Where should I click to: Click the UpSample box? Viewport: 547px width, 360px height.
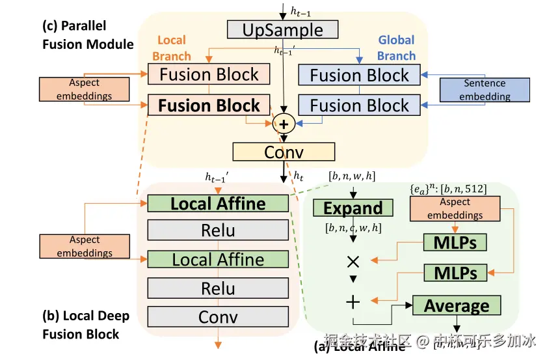point(283,30)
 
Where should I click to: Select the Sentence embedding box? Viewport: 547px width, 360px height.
point(485,90)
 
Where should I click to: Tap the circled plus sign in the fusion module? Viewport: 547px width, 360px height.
point(284,122)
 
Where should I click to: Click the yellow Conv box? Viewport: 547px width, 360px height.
point(284,152)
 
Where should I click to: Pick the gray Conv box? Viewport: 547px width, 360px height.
point(218,317)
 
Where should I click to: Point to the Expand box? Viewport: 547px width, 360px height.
point(353,208)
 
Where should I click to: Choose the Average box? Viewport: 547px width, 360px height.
point(457,305)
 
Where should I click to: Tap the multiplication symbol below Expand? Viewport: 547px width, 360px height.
point(353,262)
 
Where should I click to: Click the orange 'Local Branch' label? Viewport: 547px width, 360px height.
point(172,48)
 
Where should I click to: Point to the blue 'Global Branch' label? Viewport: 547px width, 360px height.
point(396,48)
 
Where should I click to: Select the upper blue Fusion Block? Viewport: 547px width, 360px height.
point(359,75)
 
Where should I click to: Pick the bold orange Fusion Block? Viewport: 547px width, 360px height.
point(209,105)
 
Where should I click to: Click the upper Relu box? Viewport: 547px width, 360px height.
point(218,230)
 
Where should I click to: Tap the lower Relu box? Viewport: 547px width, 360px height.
point(218,288)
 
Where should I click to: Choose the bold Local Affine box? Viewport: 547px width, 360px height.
point(218,203)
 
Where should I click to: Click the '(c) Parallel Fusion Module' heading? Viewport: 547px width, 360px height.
point(88,35)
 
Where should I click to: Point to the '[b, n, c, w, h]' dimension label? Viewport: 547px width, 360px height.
point(353,228)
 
